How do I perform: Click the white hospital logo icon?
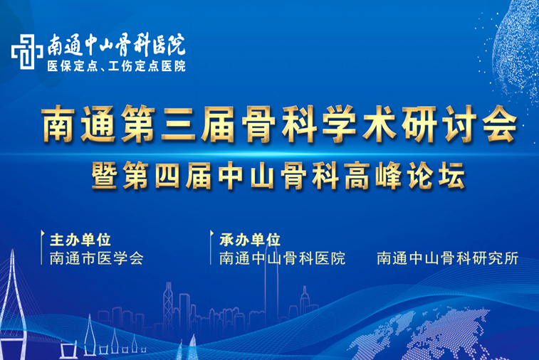coord(27,52)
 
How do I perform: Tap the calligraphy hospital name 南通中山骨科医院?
coord(117,45)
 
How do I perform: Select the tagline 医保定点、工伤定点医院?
coord(117,66)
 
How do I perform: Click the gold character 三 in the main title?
coord(179,125)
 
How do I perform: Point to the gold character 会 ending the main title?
coord(499,125)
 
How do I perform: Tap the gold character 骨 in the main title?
coord(259,125)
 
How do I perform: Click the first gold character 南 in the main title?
coord(58,125)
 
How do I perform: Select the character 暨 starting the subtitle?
coord(104,176)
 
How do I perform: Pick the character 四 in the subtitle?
coord(167,176)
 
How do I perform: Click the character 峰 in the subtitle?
coord(389,176)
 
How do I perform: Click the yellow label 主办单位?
coord(80,240)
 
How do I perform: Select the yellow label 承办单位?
coord(250,240)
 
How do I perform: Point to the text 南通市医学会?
coord(97,258)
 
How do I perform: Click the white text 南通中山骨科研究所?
coord(448,258)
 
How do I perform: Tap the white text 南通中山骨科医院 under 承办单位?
coord(282,258)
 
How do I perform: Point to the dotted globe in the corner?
coord(516,48)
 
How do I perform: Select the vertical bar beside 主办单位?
coord(41,248)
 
